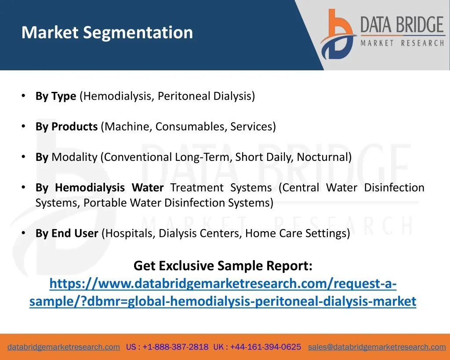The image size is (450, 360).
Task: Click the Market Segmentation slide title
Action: click(x=107, y=33)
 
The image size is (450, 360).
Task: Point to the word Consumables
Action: click(x=189, y=127)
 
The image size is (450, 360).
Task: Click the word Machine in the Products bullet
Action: click(x=127, y=127)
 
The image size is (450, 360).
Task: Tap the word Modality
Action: click(x=75, y=157)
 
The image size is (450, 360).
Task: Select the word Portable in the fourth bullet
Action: click(x=105, y=203)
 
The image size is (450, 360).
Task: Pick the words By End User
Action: click(x=67, y=233)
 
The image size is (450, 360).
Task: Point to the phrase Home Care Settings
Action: click(x=296, y=233)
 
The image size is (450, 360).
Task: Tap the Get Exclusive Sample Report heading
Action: click(x=223, y=265)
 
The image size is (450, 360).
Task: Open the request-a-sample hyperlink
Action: click(x=223, y=292)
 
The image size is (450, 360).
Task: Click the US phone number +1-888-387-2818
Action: click(x=175, y=347)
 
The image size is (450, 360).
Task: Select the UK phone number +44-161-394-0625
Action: click(x=265, y=347)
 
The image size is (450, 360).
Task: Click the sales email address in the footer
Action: click(x=377, y=347)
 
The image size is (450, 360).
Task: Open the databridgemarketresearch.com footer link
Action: click(x=64, y=347)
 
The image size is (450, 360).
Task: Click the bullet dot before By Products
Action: click(x=24, y=126)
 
